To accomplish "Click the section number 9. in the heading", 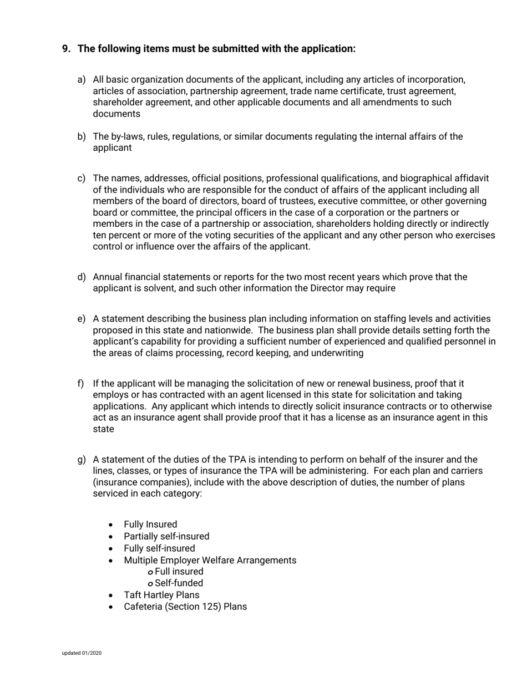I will pyautogui.click(x=67, y=49).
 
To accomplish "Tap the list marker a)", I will pyautogui.click(x=81, y=80).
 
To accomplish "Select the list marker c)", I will pyautogui.click(x=81, y=178).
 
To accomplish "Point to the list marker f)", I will pyautogui.click(x=80, y=384).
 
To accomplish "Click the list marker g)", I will pyautogui.click(x=81, y=460).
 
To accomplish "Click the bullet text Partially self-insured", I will pyautogui.click(x=166, y=536).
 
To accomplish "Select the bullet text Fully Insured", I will pyautogui.click(x=150, y=525).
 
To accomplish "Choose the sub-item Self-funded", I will pyautogui.click(x=179, y=583).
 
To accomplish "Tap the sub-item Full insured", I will pyautogui.click(x=179, y=572).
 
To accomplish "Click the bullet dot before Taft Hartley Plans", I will pyautogui.click(x=112, y=596).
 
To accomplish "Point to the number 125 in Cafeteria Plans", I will pyautogui.click(x=212, y=607).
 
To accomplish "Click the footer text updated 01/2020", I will pyautogui.click(x=82, y=653).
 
